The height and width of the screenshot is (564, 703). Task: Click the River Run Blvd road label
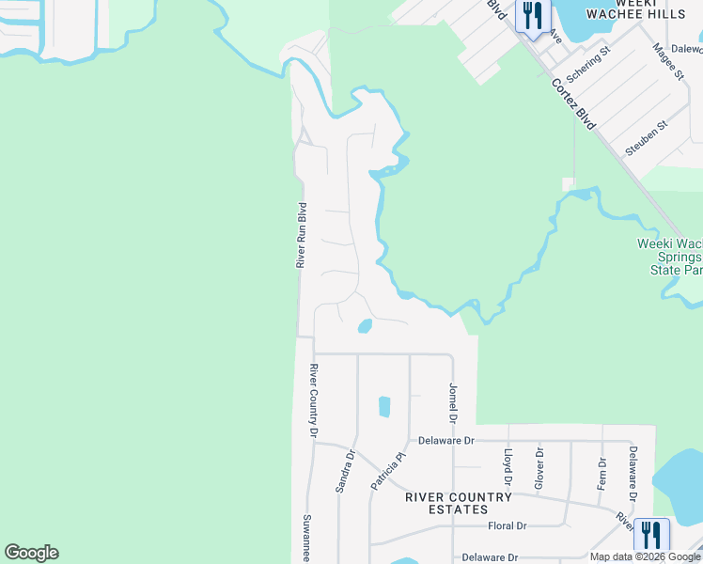click(302, 235)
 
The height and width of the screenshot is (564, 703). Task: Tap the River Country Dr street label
click(315, 400)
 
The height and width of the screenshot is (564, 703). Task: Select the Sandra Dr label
click(345, 471)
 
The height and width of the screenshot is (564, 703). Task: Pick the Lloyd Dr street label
click(508, 467)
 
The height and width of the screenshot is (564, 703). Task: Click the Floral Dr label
click(507, 526)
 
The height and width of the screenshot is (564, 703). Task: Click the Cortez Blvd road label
click(574, 104)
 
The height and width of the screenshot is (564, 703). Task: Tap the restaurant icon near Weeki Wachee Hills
click(533, 16)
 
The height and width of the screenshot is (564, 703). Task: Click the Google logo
click(31, 553)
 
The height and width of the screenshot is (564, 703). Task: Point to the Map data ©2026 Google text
click(645, 556)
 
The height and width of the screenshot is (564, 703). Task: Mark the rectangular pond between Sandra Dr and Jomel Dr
click(383, 407)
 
